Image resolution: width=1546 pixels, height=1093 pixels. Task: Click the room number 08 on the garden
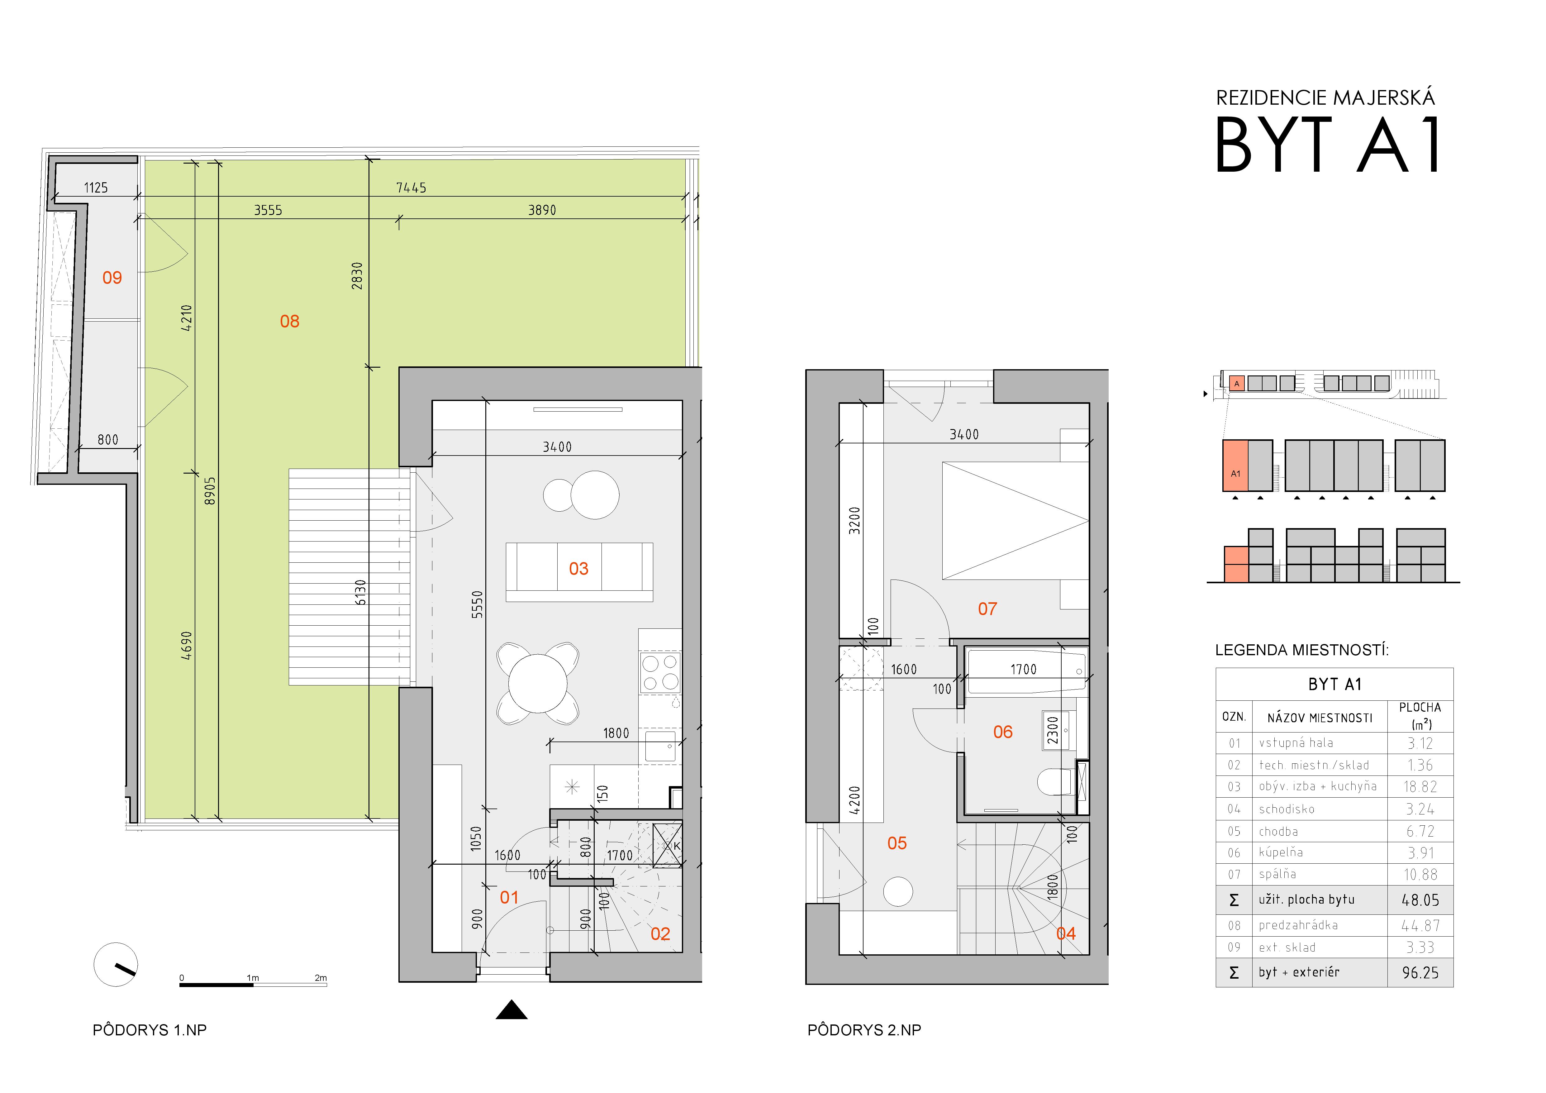tap(289, 321)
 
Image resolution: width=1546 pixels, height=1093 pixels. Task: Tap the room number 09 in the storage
tap(112, 278)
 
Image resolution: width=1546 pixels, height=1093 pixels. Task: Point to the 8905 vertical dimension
tap(210, 491)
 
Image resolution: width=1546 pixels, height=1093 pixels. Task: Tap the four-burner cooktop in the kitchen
tap(660, 672)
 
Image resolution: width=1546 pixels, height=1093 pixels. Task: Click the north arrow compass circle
tap(116, 964)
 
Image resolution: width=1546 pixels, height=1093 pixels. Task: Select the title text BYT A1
tap(1328, 144)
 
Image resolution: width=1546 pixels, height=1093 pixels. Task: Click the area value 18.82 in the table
tap(1420, 787)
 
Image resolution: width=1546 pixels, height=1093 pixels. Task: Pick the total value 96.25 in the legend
tap(1420, 972)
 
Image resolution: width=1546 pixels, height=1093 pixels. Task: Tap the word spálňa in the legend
tap(1277, 874)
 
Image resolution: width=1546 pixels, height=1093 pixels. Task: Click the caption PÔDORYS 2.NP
tap(864, 1030)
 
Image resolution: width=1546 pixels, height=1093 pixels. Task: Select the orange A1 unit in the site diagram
tap(1235, 465)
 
